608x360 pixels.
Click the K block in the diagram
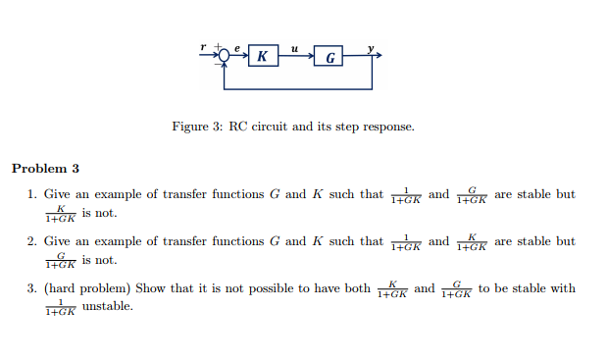pyautogui.click(x=262, y=57)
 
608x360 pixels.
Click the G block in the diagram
pyautogui.click(x=329, y=57)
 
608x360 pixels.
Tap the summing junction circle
pyautogui.click(x=226, y=56)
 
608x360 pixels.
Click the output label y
pyautogui.click(x=370, y=47)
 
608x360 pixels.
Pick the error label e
pyautogui.click(x=236, y=46)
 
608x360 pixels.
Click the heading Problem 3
pyautogui.click(x=45, y=169)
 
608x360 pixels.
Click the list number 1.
pyautogui.click(x=32, y=195)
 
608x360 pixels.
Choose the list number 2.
pyautogui.click(x=32, y=242)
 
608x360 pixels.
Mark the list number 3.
pyautogui.click(x=32, y=289)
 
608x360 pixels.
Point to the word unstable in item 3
pyautogui.click(x=107, y=307)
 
